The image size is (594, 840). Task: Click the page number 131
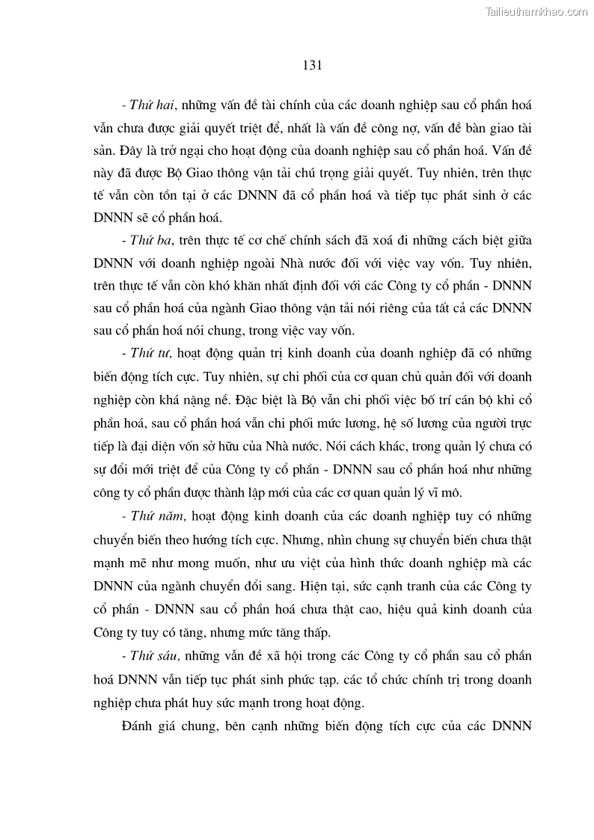tap(312, 65)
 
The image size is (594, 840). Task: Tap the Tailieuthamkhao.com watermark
tap(536, 11)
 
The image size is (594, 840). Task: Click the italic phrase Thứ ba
tap(151, 239)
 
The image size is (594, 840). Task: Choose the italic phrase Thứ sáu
tap(153, 656)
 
